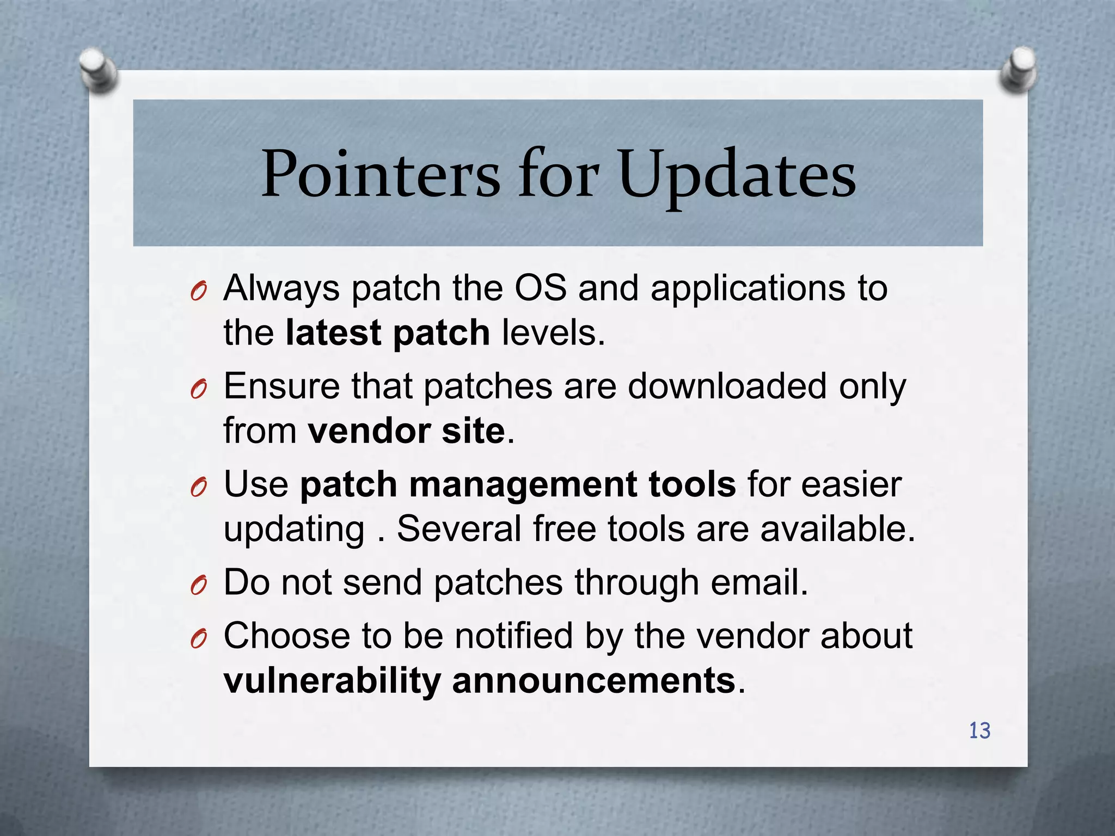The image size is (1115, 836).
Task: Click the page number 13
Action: tap(979, 730)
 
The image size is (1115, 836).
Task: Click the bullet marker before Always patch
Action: tap(199, 293)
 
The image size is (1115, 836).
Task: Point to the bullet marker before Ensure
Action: tap(199, 391)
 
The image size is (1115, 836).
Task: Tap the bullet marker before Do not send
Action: tap(199, 586)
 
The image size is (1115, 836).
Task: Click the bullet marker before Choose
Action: tap(199, 641)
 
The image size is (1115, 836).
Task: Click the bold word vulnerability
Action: tap(332, 681)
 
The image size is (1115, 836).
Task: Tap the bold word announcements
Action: tap(593, 681)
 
